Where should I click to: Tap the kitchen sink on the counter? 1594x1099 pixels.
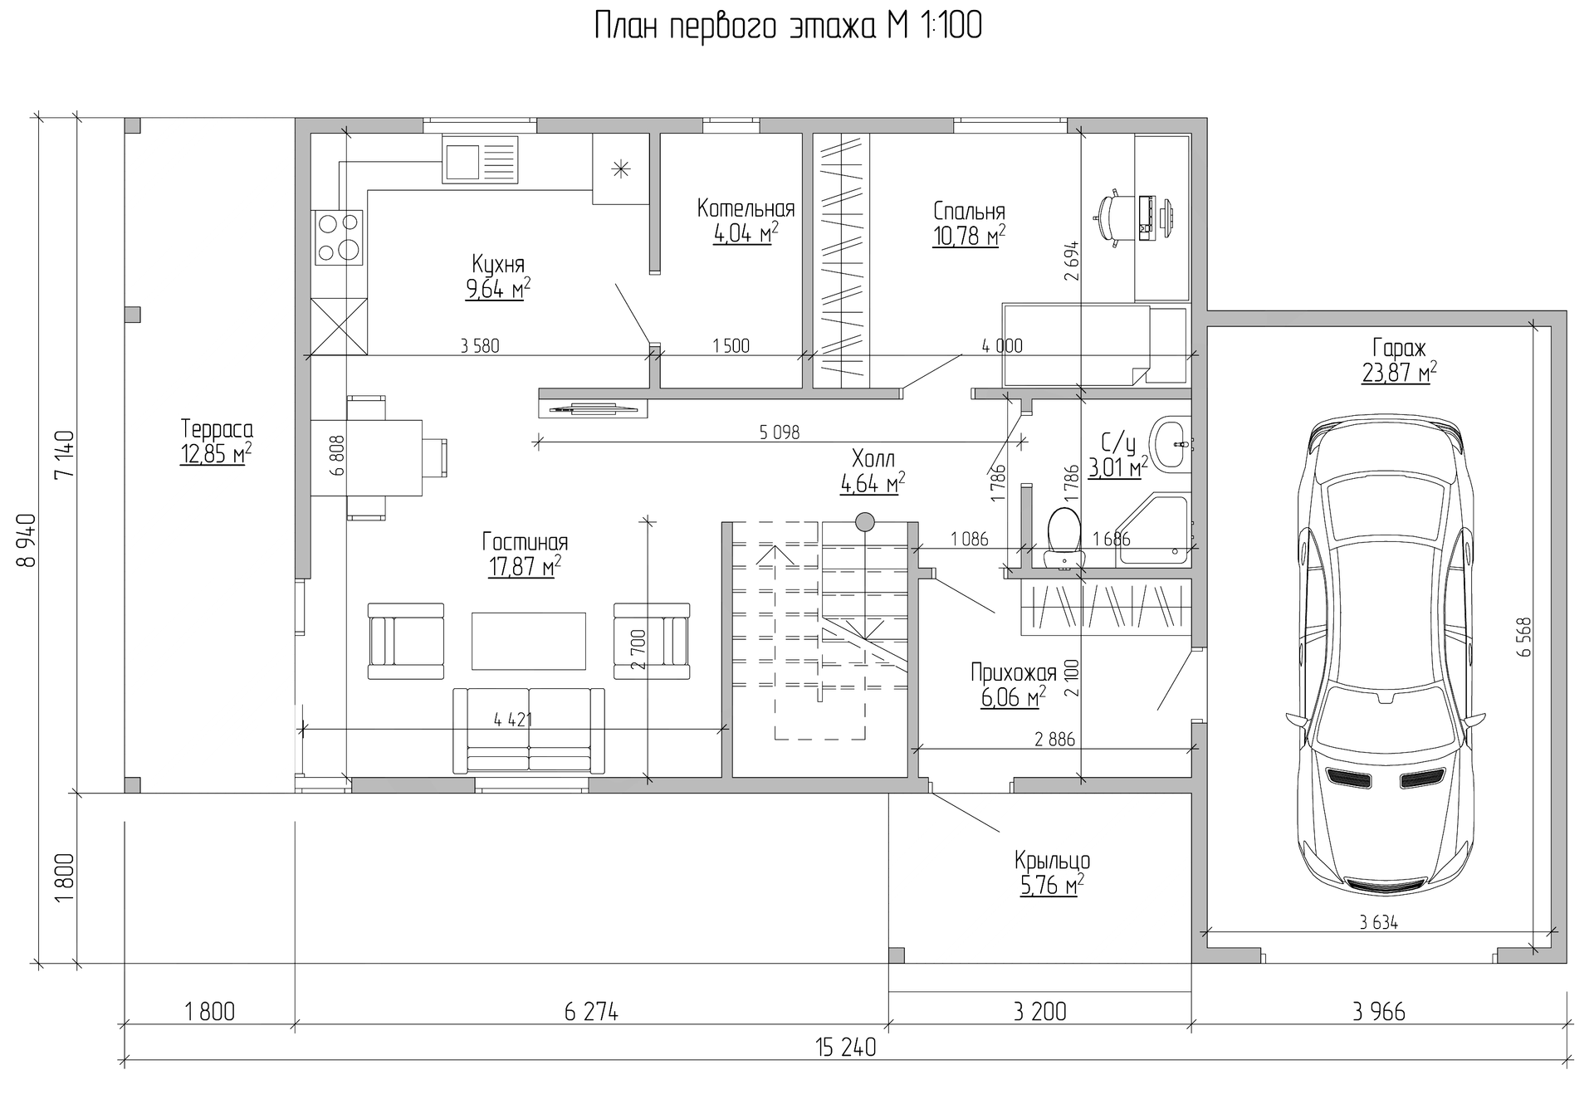coord(480,159)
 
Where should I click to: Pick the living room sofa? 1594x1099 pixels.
coord(529,730)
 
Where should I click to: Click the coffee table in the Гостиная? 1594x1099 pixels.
coord(529,640)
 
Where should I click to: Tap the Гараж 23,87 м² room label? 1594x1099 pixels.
coord(1399,360)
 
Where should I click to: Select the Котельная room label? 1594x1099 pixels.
coord(746,208)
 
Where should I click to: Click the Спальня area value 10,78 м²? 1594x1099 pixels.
coord(968,237)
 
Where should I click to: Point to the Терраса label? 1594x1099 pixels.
coord(217,429)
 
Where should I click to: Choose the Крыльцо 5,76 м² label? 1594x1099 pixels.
coord(1052,872)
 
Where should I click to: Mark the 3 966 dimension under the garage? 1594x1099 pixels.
coord(1378,1011)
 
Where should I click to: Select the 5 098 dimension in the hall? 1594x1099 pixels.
coord(779,432)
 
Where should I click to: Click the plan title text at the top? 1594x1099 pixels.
coord(788,27)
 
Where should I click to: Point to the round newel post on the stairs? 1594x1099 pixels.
coord(865,521)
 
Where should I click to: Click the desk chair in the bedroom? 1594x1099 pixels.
coord(1112,217)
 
